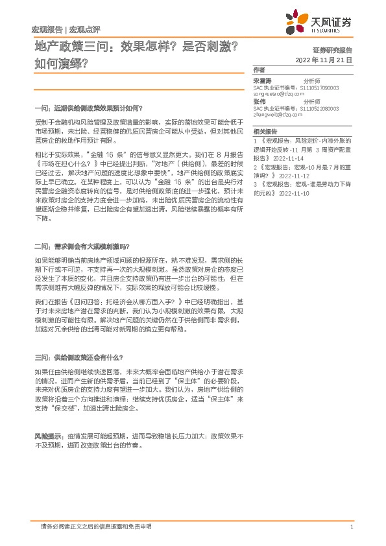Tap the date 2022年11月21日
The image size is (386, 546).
[x=323, y=60]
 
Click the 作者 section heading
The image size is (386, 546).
[x=259, y=69]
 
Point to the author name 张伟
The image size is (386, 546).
[x=259, y=102]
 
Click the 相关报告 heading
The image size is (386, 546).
[x=265, y=132]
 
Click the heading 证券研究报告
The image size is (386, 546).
[x=332, y=50]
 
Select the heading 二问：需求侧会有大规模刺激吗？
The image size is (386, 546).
[x=82, y=246]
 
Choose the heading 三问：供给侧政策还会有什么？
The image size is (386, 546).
[x=78, y=357]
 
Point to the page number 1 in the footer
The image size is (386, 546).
[x=350, y=527]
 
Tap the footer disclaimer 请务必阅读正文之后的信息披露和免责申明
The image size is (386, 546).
[x=95, y=527]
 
